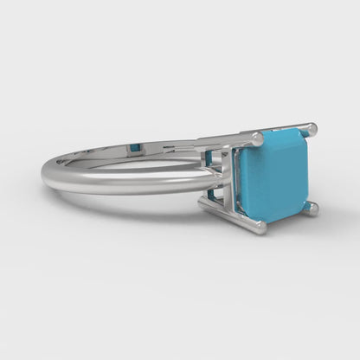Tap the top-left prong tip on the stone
pos(256,138)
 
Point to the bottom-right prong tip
pos(312,208)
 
